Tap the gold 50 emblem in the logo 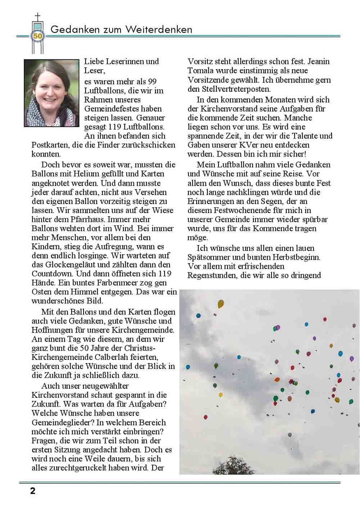pos(37,36)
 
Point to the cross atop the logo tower pos(37,17)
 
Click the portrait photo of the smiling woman pos(51,93)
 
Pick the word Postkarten pos(49,145)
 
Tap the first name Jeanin pos(318,62)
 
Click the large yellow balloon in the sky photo pos(221,304)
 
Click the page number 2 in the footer pos(33,491)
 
